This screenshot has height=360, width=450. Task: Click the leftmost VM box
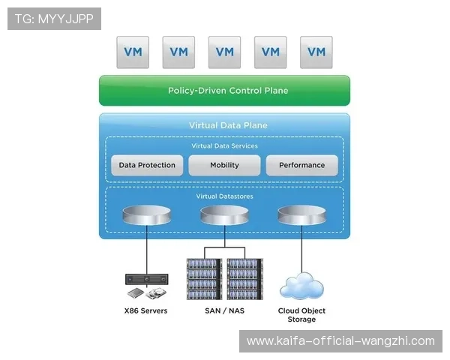point(132,52)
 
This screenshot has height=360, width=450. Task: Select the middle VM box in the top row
point(224,52)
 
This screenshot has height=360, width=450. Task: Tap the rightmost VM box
point(316,52)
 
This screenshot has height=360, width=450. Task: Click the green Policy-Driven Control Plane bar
point(224,91)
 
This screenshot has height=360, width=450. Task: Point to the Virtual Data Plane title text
point(228,125)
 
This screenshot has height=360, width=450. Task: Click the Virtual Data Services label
point(225,145)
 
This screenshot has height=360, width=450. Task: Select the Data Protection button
point(147,165)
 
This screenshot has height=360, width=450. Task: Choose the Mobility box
point(224,165)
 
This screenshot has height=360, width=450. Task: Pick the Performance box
point(301,165)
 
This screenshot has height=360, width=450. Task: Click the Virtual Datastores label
point(224,196)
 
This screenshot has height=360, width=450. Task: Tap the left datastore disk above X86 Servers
point(147,216)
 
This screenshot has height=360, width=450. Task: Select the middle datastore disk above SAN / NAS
point(224,216)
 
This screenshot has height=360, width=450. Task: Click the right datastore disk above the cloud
point(301,216)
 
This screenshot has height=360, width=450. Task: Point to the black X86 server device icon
point(146,279)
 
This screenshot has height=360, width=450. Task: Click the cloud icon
point(301,286)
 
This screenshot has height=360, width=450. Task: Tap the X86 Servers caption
point(145,310)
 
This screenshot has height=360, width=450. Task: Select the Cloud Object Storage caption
point(301,314)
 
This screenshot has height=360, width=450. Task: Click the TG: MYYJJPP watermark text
point(54,19)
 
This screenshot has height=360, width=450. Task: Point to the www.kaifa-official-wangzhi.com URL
point(340,341)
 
